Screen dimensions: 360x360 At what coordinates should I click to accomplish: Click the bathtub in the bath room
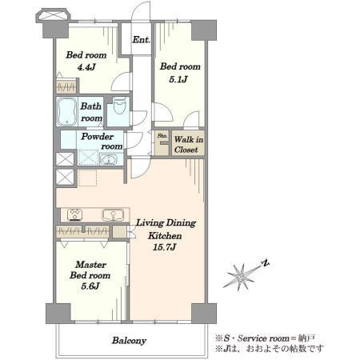(x=67, y=111)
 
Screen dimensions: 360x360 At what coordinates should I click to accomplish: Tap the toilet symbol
(x=119, y=106)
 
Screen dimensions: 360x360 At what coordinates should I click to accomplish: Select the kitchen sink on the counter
(x=113, y=215)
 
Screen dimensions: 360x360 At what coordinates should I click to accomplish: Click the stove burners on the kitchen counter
(x=74, y=215)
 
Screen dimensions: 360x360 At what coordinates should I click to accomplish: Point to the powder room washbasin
(x=108, y=159)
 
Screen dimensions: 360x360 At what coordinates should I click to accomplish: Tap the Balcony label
(x=129, y=341)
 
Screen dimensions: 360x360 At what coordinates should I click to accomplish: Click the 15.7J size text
(x=165, y=247)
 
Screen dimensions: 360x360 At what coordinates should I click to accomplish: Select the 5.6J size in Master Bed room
(x=90, y=286)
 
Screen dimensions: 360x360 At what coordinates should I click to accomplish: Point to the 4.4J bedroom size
(x=86, y=67)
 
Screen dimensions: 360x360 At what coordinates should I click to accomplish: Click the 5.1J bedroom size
(x=178, y=79)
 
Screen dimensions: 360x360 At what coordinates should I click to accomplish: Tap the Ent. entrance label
(x=142, y=40)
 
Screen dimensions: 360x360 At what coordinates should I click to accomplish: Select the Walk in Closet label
(x=189, y=144)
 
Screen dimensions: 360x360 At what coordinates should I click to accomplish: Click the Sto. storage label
(x=162, y=136)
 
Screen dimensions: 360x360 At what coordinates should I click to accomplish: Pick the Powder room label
(x=102, y=142)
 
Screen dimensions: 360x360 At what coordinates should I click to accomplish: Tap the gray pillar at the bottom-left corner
(x=58, y=313)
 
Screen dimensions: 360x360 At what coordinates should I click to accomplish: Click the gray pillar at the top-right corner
(x=204, y=30)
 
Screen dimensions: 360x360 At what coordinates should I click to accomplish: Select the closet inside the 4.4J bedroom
(x=67, y=86)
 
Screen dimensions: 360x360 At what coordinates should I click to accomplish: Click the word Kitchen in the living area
(x=165, y=236)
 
